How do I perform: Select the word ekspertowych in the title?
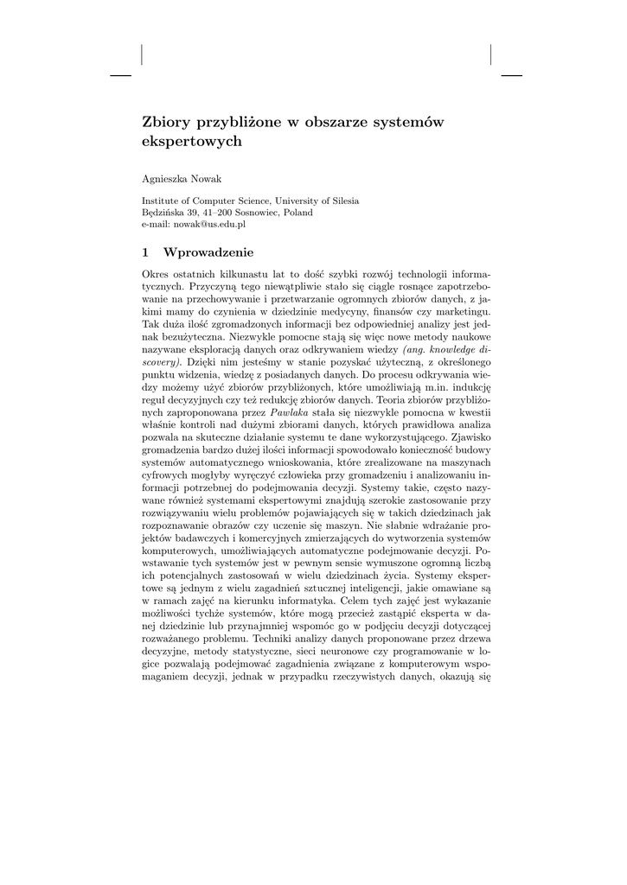point(192,141)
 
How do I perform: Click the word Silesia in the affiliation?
point(341,201)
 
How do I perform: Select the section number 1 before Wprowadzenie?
point(145,253)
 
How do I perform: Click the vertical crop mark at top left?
point(141,54)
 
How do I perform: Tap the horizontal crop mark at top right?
point(512,76)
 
